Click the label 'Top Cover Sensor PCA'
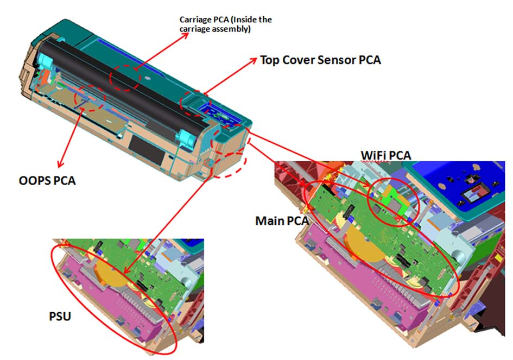(x=320, y=60)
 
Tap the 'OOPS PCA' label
(x=47, y=181)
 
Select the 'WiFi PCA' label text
(x=386, y=155)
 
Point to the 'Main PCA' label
(x=282, y=221)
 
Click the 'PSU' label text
(x=60, y=317)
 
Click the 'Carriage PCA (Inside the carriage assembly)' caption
(x=226, y=24)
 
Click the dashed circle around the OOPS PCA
(x=75, y=98)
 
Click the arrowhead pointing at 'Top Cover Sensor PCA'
(x=253, y=61)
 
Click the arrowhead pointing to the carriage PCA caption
(x=185, y=35)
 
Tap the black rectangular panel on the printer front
(x=147, y=150)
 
